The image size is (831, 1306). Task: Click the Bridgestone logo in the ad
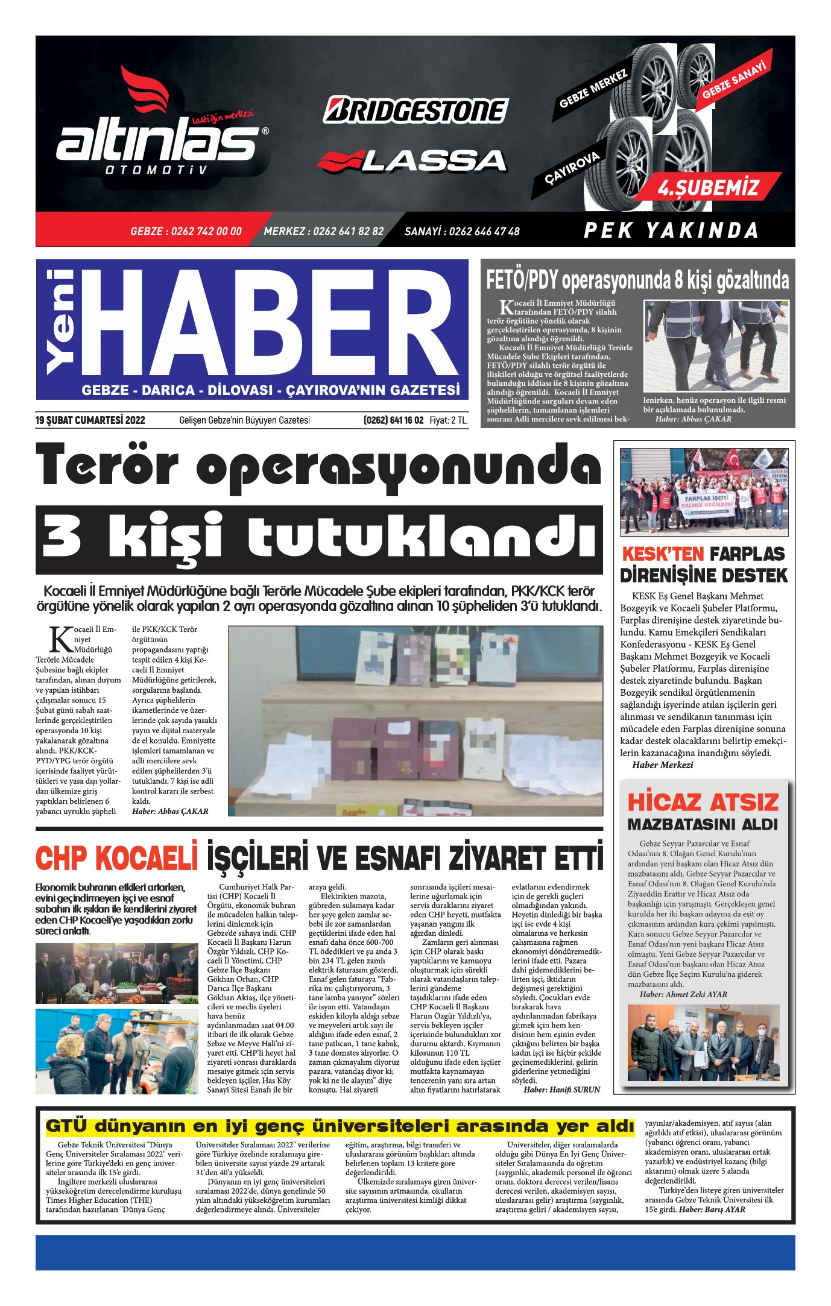(415, 111)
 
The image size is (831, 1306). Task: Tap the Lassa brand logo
(412, 161)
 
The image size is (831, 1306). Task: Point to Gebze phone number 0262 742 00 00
(186, 232)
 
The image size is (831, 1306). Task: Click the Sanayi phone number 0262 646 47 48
(462, 232)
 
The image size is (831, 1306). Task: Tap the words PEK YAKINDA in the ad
(671, 230)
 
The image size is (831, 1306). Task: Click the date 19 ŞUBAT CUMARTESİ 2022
(90, 420)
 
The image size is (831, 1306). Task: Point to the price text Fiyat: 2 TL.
(449, 420)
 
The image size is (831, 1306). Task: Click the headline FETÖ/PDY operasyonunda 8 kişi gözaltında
(637, 281)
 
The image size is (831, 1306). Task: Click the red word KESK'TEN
(662, 554)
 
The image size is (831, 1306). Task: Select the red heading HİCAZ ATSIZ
(703, 803)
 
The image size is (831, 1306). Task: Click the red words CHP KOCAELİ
(116, 859)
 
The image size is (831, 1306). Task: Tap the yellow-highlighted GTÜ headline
(340, 1126)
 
